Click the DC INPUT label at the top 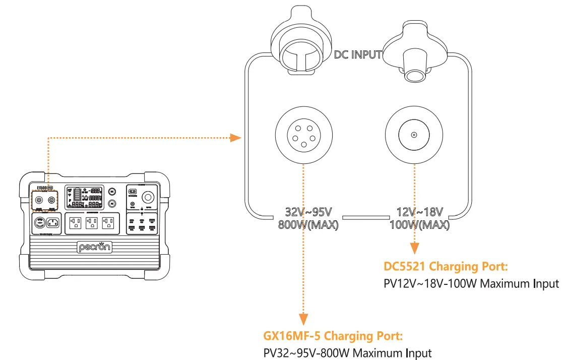point(358,54)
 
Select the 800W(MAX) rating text point(308,224)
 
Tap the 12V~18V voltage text point(419,212)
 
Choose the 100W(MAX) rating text point(419,224)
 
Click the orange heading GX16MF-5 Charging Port point(333,336)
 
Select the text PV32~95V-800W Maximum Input point(348,353)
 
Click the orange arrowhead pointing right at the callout point(234,137)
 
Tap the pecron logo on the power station point(95,247)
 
